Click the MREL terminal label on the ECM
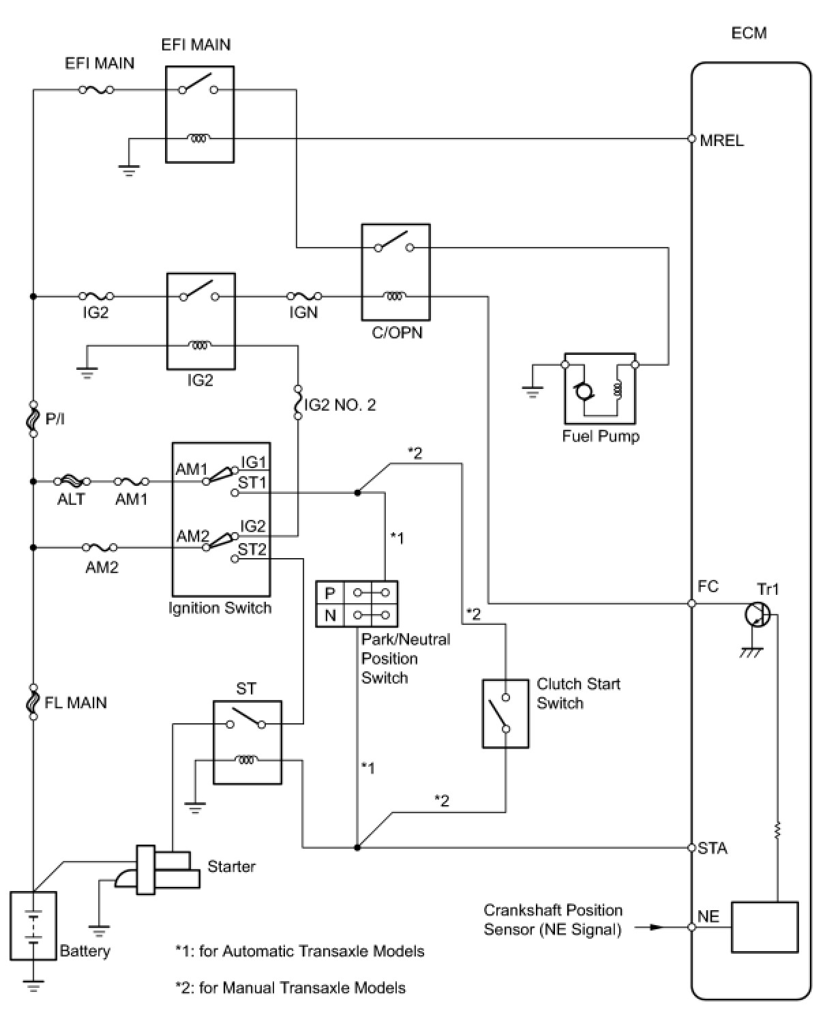tap(721, 141)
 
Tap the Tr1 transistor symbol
tap(757, 615)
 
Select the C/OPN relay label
tap(397, 332)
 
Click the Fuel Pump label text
tap(601, 436)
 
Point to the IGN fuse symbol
tap(304, 296)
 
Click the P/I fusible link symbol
tap(33, 419)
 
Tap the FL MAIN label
tap(75, 703)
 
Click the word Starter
tap(231, 866)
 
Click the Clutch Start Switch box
tap(505, 714)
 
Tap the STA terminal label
tap(712, 848)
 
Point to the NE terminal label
tap(708, 916)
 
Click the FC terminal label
tap(708, 586)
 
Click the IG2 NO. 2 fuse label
tap(340, 405)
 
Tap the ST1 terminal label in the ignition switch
tap(252, 482)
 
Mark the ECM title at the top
tap(749, 33)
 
